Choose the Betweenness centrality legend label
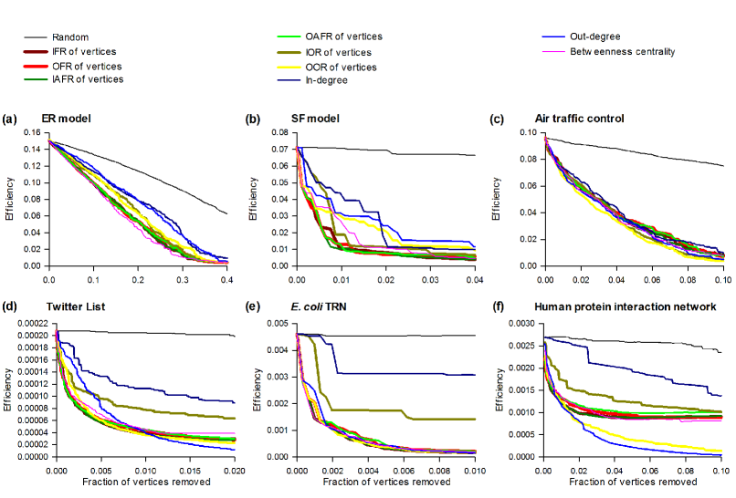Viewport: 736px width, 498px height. [x=634, y=52]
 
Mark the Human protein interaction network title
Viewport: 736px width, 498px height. [x=626, y=306]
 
